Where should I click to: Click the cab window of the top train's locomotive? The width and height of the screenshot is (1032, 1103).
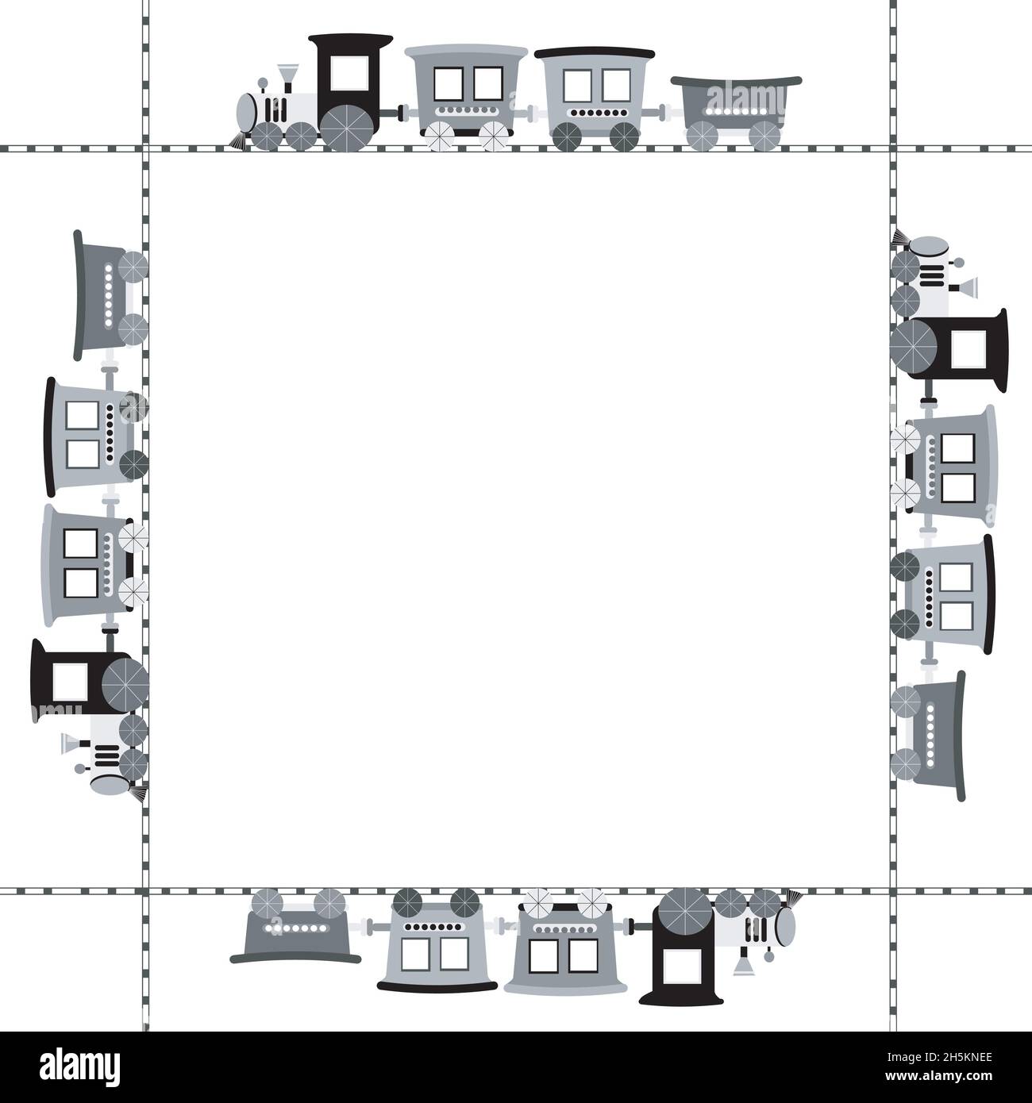pyautogui.click(x=349, y=73)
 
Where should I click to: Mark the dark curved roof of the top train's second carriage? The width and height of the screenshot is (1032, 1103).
pyautogui.click(x=594, y=52)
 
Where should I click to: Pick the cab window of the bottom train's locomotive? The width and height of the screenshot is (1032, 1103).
pyautogui.click(x=683, y=967)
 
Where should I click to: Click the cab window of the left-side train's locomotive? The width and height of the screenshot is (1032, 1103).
pyautogui.click(x=70, y=682)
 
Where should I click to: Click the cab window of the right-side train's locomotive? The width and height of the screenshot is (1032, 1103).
pyautogui.click(x=968, y=349)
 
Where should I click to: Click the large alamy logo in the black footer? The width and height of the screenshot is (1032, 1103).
pyautogui.click(x=79, y=1066)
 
